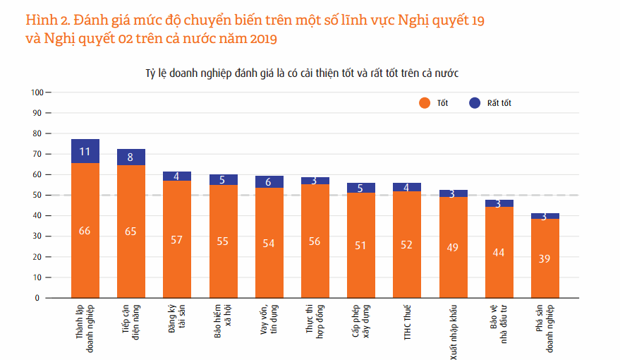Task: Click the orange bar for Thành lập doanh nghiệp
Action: pyautogui.click(x=85, y=230)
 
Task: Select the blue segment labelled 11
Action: pyautogui.click(x=85, y=151)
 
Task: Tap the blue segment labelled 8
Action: pyautogui.click(x=130, y=157)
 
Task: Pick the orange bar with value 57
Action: pyautogui.click(x=176, y=239)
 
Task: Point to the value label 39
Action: pyautogui.click(x=545, y=259)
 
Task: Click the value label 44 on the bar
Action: pyautogui.click(x=499, y=253)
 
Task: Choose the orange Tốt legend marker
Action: pyautogui.click(x=424, y=103)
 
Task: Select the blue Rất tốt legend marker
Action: pyautogui.click(x=475, y=103)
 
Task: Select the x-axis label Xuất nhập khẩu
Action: pyautogui.click(x=453, y=331)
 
